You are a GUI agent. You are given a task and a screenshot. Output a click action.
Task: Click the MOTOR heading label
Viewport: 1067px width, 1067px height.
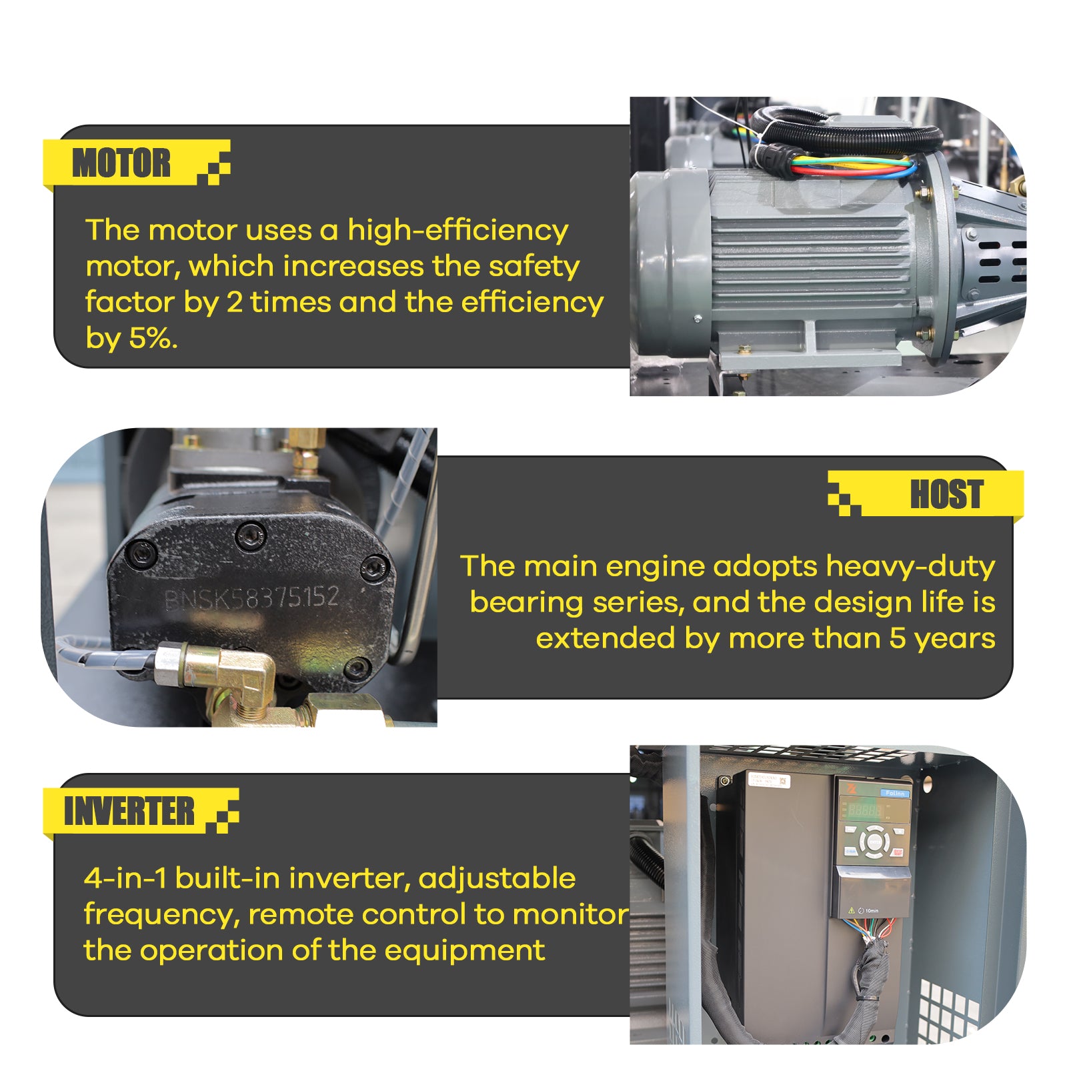121,163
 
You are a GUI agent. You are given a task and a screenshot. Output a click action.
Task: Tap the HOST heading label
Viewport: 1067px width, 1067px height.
946,494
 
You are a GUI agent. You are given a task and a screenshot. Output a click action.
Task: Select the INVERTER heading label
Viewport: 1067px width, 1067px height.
129,812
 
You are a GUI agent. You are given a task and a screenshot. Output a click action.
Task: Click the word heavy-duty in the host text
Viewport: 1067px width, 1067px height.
910,567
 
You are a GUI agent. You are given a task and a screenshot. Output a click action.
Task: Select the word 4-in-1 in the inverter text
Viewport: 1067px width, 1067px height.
125,879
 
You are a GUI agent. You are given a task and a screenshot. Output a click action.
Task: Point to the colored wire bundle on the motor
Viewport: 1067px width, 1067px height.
847,165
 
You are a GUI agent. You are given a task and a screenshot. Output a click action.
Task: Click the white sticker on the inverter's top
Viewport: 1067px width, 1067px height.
769,781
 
